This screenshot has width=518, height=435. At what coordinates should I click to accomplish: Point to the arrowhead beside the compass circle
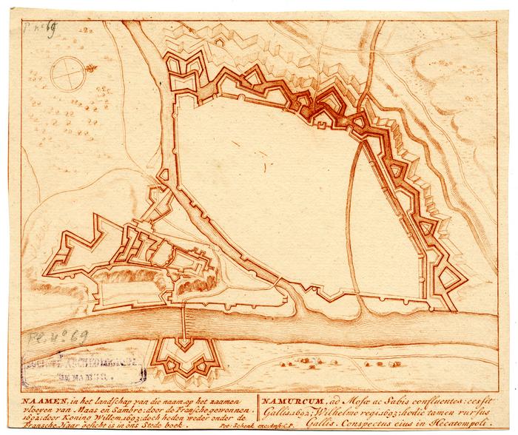click(x=92, y=69)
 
